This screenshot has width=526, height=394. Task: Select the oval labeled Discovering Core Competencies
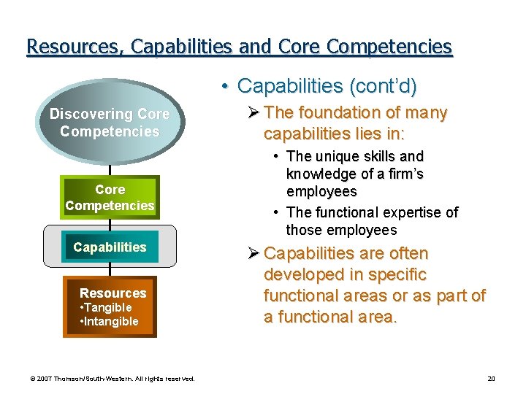[110, 123]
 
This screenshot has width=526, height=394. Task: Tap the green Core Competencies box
[110, 198]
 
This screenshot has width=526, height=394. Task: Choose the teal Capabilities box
[110, 247]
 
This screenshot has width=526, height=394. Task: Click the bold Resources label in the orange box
[113, 293]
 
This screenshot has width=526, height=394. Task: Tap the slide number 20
[491, 378]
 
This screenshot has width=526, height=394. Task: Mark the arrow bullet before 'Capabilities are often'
[254, 254]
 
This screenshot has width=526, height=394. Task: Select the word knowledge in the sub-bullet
[321, 174]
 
